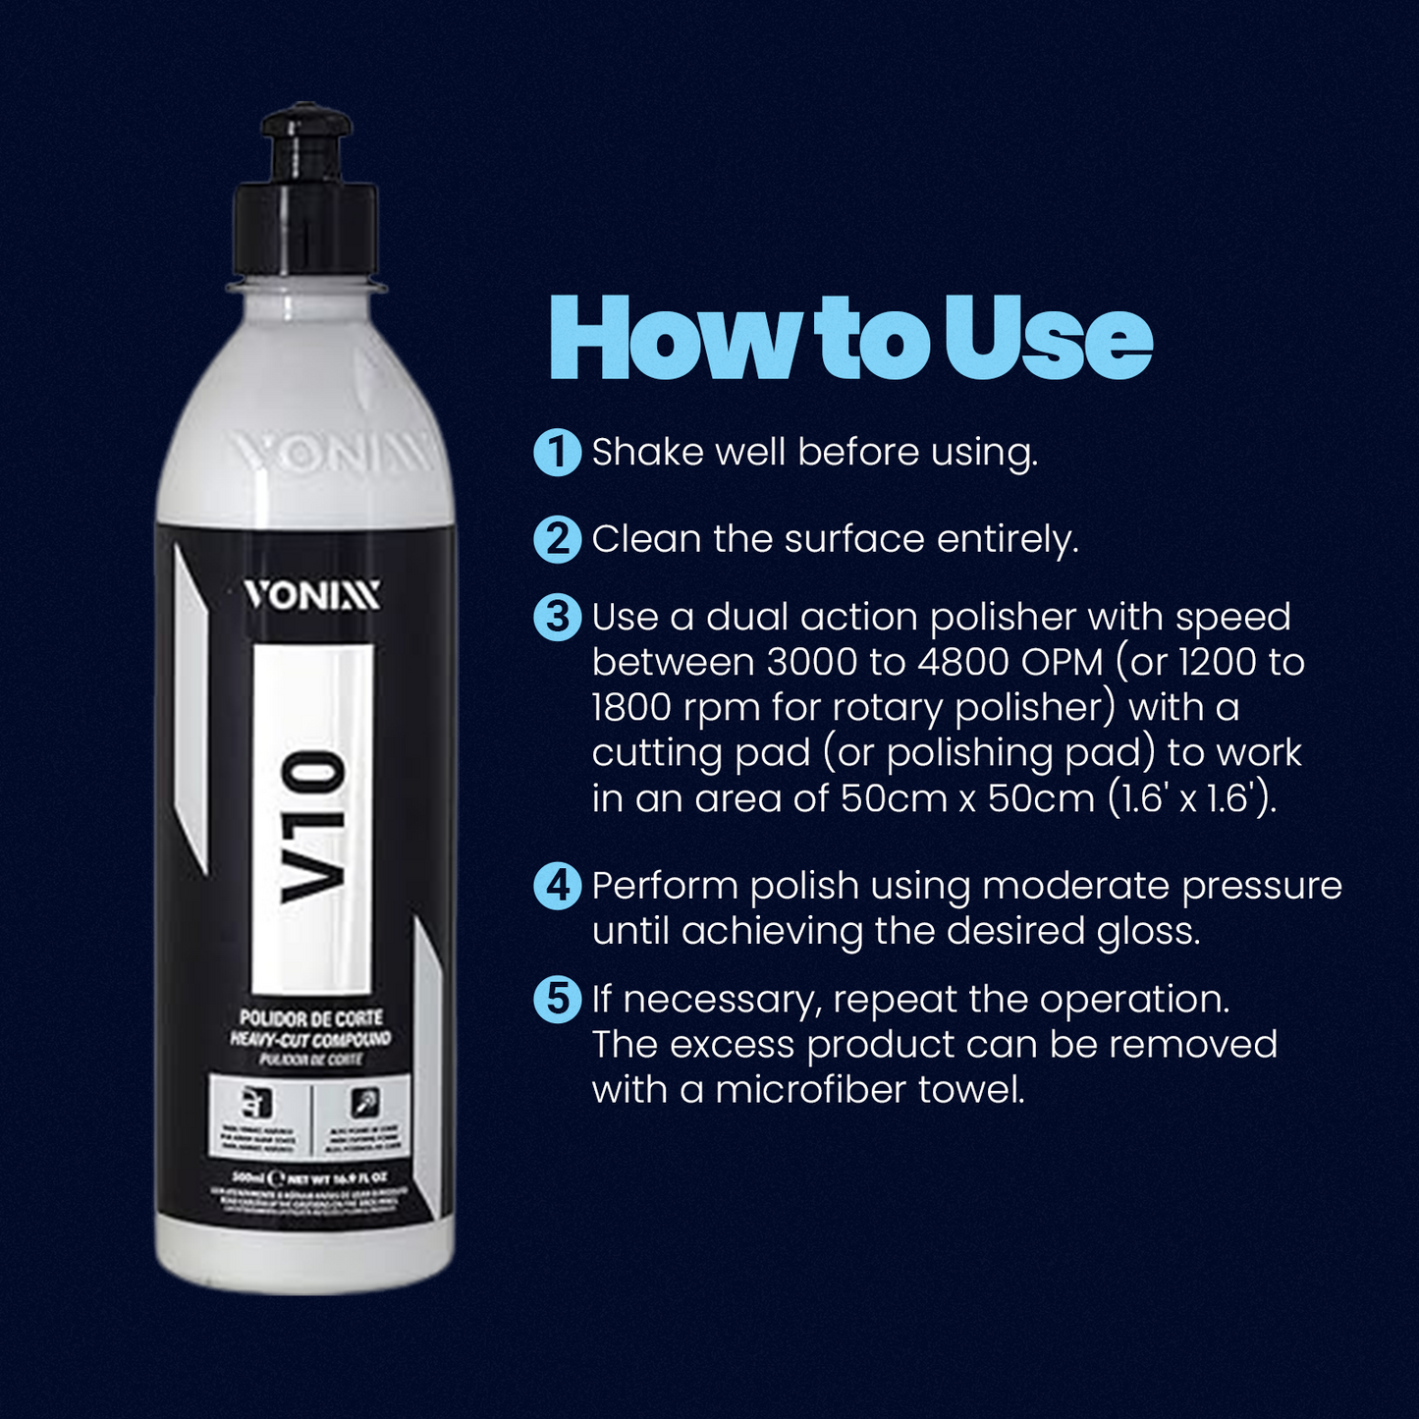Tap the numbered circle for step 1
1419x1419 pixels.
coord(557,453)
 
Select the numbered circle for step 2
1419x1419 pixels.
coord(557,540)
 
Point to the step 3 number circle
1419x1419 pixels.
coord(557,618)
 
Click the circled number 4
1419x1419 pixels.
coord(557,886)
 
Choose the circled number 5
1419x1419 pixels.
coord(557,1000)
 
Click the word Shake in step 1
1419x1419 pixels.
coord(647,453)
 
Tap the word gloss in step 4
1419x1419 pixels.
coord(1148,931)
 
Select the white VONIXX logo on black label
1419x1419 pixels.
coord(311,595)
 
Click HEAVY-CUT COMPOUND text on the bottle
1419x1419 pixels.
coord(311,1038)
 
